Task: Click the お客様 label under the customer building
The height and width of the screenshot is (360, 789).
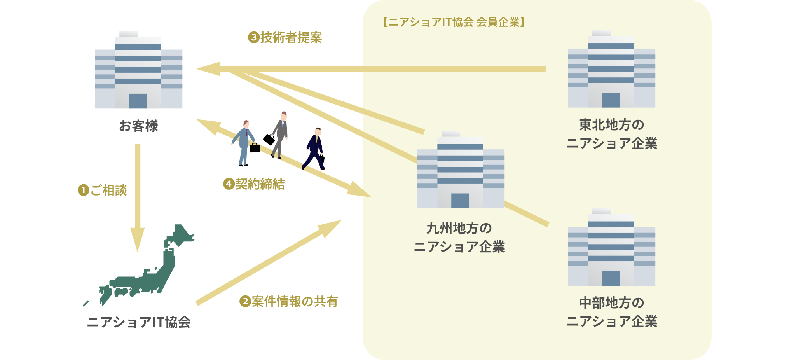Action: [x=138, y=126]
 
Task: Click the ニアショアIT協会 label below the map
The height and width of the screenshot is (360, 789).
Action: [x=138, y=322]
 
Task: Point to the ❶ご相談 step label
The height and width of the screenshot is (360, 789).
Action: [x=103, y=190]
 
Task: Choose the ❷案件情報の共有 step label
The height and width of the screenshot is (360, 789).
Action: [x=288, y=301]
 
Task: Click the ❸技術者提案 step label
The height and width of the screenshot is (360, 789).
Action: [x=285, y=38]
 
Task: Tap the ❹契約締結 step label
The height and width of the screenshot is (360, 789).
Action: [x=254, y=184]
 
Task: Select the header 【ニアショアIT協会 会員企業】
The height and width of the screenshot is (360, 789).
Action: [x=454, y=22]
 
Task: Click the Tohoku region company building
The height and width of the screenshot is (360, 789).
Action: [x=611, y=70]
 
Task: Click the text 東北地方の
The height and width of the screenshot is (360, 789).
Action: [x=611, y=125]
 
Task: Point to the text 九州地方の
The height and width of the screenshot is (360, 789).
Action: [x=459, y=228]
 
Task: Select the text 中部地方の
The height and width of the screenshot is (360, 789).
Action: [x=611, y=303]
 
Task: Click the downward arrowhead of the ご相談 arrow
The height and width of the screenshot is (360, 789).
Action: [x=137, y=239]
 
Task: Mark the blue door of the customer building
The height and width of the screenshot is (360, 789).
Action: [x=138, y=101]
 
